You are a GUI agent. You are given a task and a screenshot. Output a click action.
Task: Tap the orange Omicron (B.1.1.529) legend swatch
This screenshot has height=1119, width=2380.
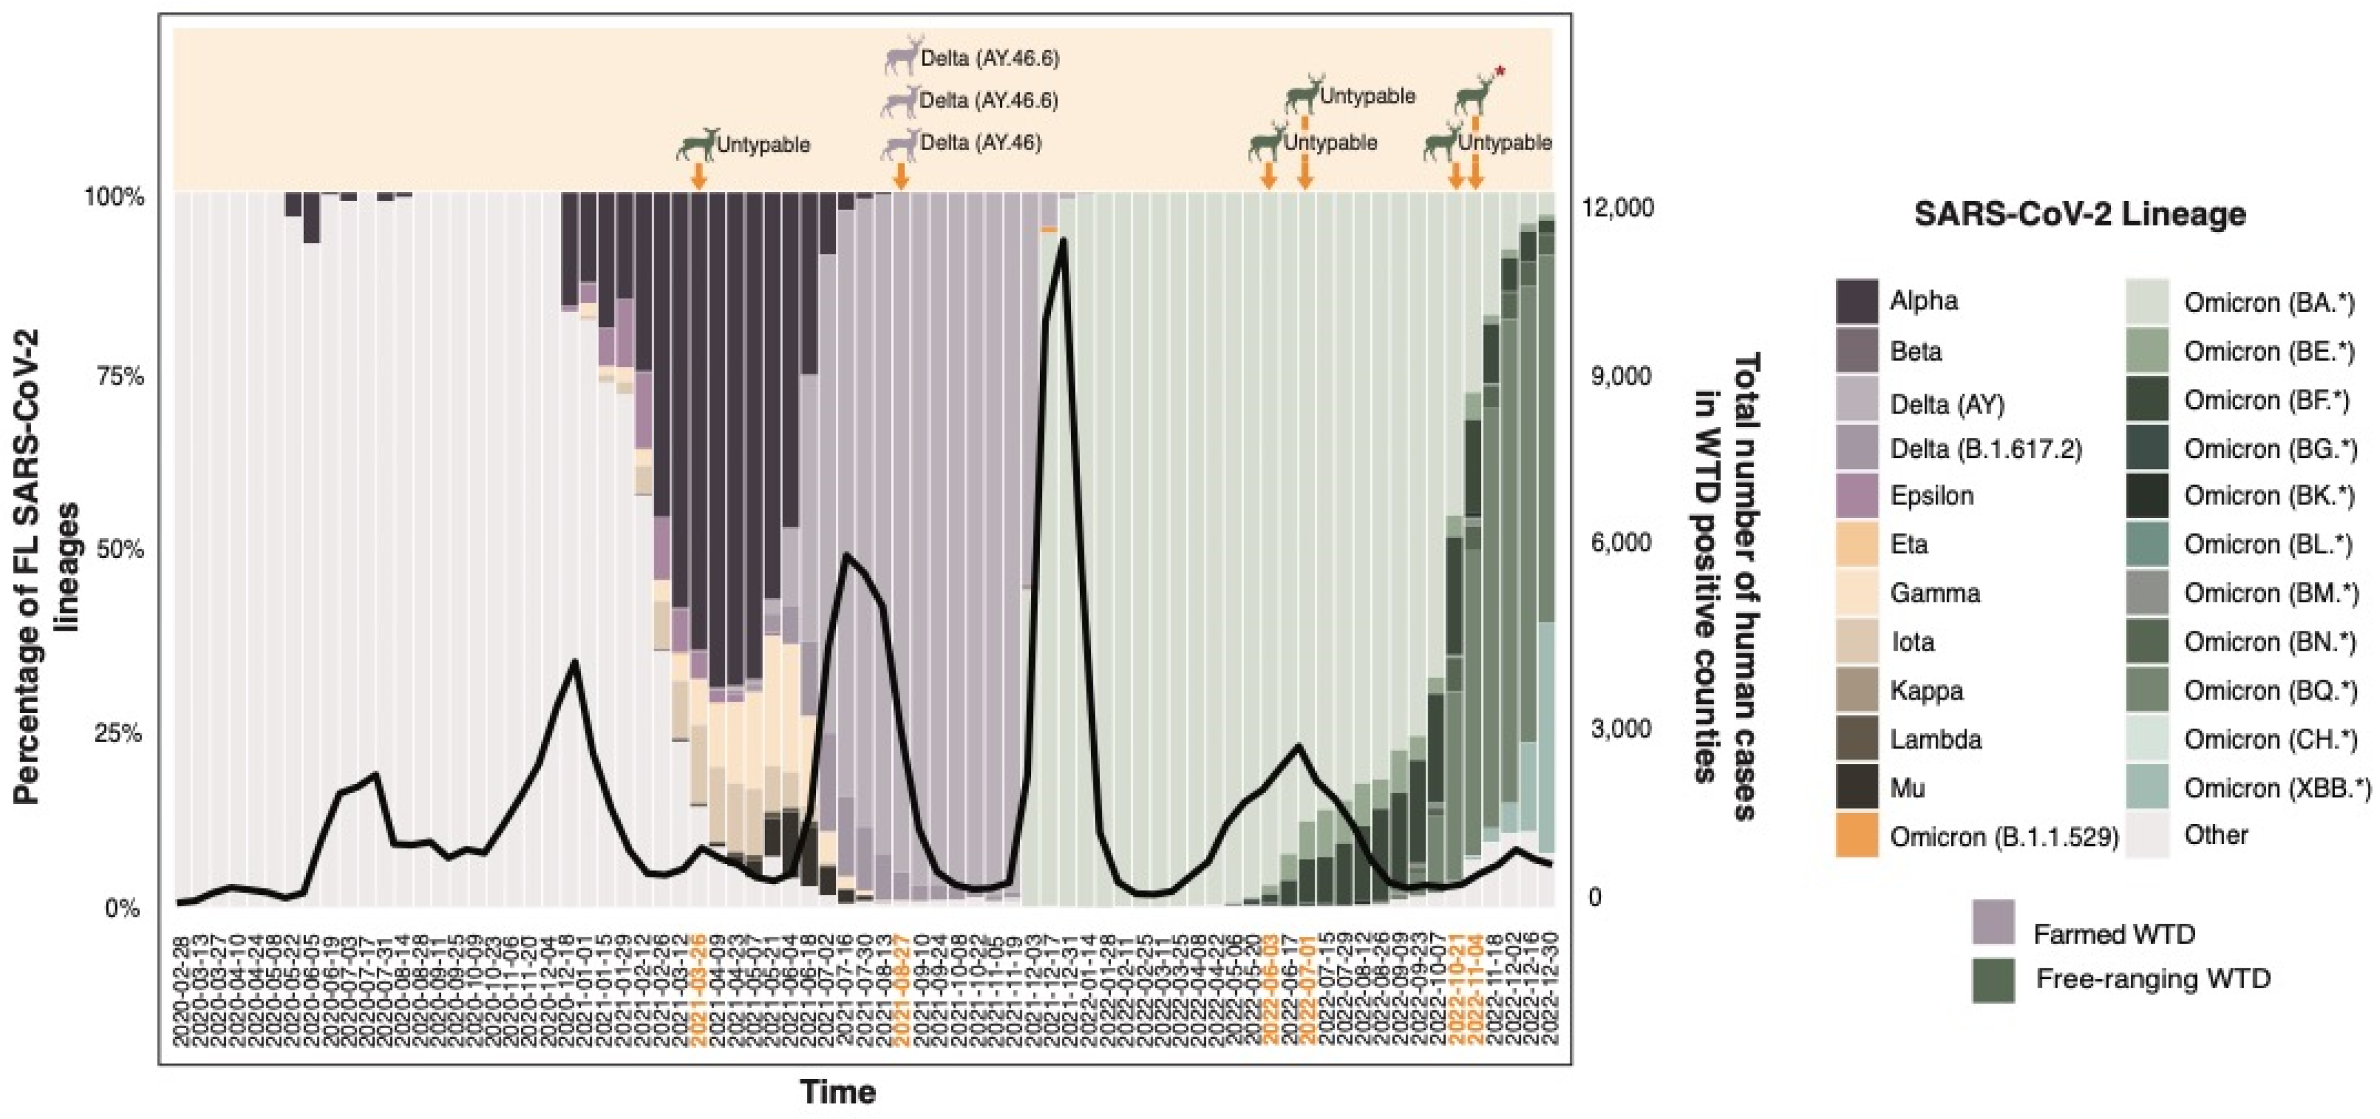(x=1856, y=836)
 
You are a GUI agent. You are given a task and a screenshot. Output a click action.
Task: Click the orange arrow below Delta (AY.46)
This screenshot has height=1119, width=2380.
(x=901, y=176)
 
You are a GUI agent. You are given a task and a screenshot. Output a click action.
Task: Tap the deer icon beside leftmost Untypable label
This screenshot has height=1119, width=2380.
(x=697, y=145)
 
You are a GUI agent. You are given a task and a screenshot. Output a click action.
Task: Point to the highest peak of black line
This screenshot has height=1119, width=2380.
(x=1063, y=240)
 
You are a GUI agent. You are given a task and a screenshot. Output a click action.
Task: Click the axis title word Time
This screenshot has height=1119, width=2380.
(x=837, y=1092)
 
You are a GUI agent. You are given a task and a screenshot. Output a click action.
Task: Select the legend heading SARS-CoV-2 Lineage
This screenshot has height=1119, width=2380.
(x=2079, y=215)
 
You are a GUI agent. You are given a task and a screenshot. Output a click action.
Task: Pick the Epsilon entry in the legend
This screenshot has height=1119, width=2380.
(x=1931, y=496)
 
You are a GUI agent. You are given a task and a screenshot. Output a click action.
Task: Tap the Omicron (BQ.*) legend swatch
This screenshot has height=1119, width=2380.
(x=2146, y=690)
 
